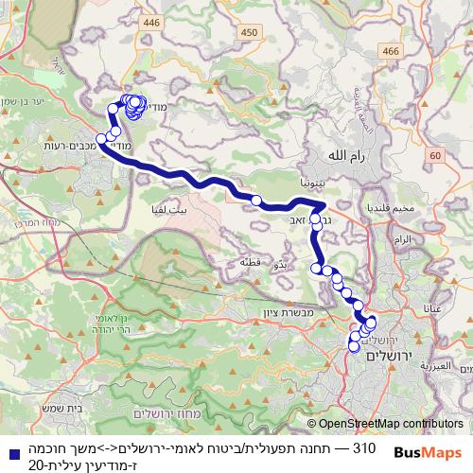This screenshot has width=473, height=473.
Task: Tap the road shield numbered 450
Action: click(x=250, y=33)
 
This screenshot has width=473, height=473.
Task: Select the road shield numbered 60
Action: click(x=434, y=155)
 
